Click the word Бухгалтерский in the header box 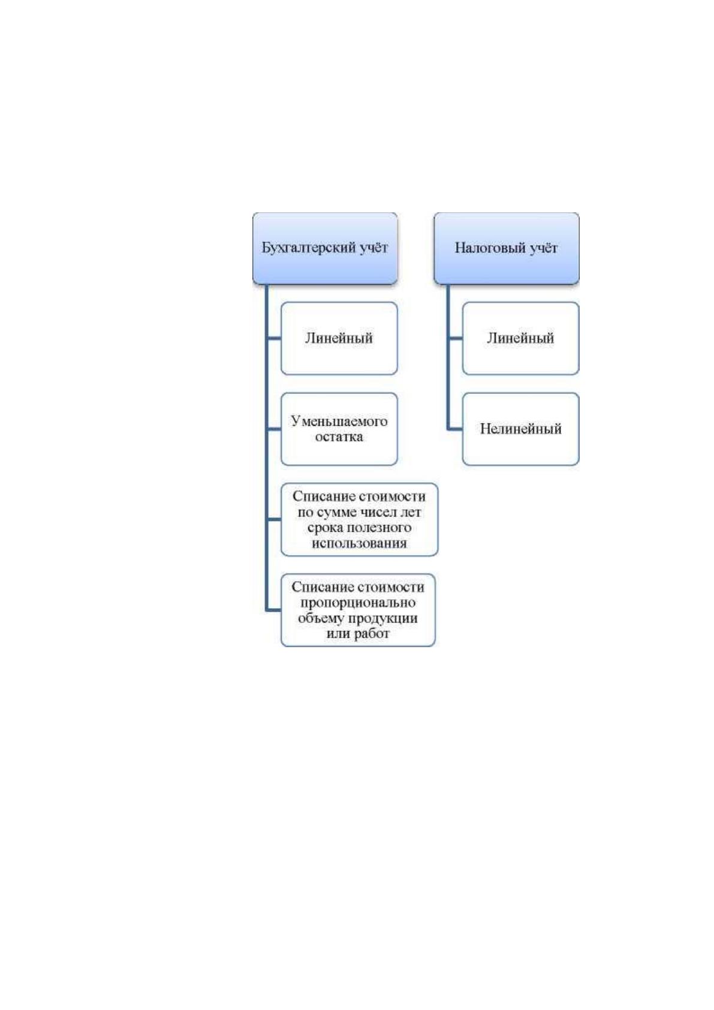tap(309, 248)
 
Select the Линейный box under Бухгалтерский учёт tap(339, 338)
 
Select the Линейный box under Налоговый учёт tap(520, 338)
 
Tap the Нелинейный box tap(520, 429)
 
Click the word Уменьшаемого tap(339, 421)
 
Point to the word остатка tap(339, 437)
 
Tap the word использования tap(359, 543)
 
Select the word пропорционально tap(358, 603)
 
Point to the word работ tap(372, 633)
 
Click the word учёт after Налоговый tap(544, 248)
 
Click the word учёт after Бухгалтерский tap(373, 248)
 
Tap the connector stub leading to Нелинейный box tap(455, 429)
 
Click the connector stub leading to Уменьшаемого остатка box tap(273, 429)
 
